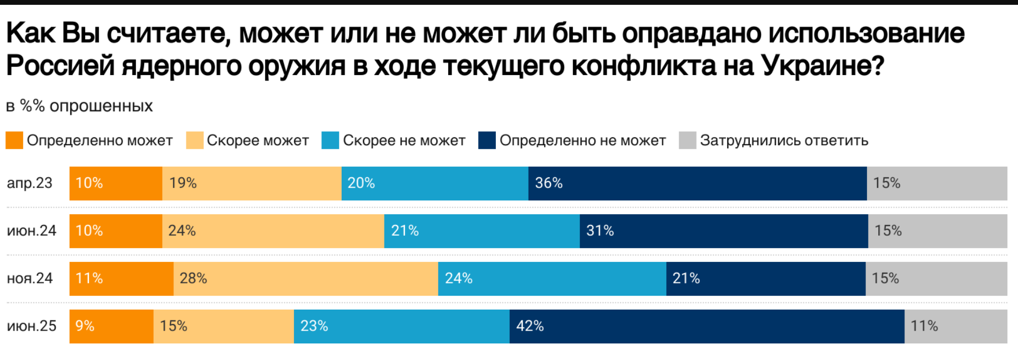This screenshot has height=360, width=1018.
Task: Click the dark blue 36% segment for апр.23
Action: coord(697,183)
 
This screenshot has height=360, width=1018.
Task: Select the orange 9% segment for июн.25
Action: coord(111,326)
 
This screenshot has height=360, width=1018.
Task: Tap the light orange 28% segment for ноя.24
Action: coord(305,279)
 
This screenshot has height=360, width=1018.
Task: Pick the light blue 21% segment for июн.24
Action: coord(481,231)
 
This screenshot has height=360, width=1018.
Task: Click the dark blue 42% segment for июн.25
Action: coord(707,326)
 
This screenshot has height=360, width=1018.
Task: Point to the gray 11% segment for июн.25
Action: coord(955,326)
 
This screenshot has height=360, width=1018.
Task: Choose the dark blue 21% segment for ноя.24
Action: coord(766,279)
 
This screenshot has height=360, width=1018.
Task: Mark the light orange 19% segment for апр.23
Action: coord(252,183)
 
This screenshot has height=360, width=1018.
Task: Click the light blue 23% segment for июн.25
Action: coord(402,326)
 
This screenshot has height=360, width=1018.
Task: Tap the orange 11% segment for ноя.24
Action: coord(122,279)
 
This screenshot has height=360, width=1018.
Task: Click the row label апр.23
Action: coord(29,183)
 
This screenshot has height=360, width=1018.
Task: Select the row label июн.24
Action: coord(32,231)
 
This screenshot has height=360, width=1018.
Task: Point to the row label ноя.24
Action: coord(30,279)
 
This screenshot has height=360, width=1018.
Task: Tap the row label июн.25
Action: coord(32,326)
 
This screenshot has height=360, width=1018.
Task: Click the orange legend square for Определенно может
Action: coord(14,140)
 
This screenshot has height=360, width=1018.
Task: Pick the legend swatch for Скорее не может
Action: coord(330,140)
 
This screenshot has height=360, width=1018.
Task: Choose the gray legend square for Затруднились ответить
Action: coord(687,140)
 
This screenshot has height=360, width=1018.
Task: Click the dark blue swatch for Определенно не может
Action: coord(487,140)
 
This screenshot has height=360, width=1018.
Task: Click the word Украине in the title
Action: coord(822,66)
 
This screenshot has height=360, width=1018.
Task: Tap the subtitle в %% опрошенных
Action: coord(79,106)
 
